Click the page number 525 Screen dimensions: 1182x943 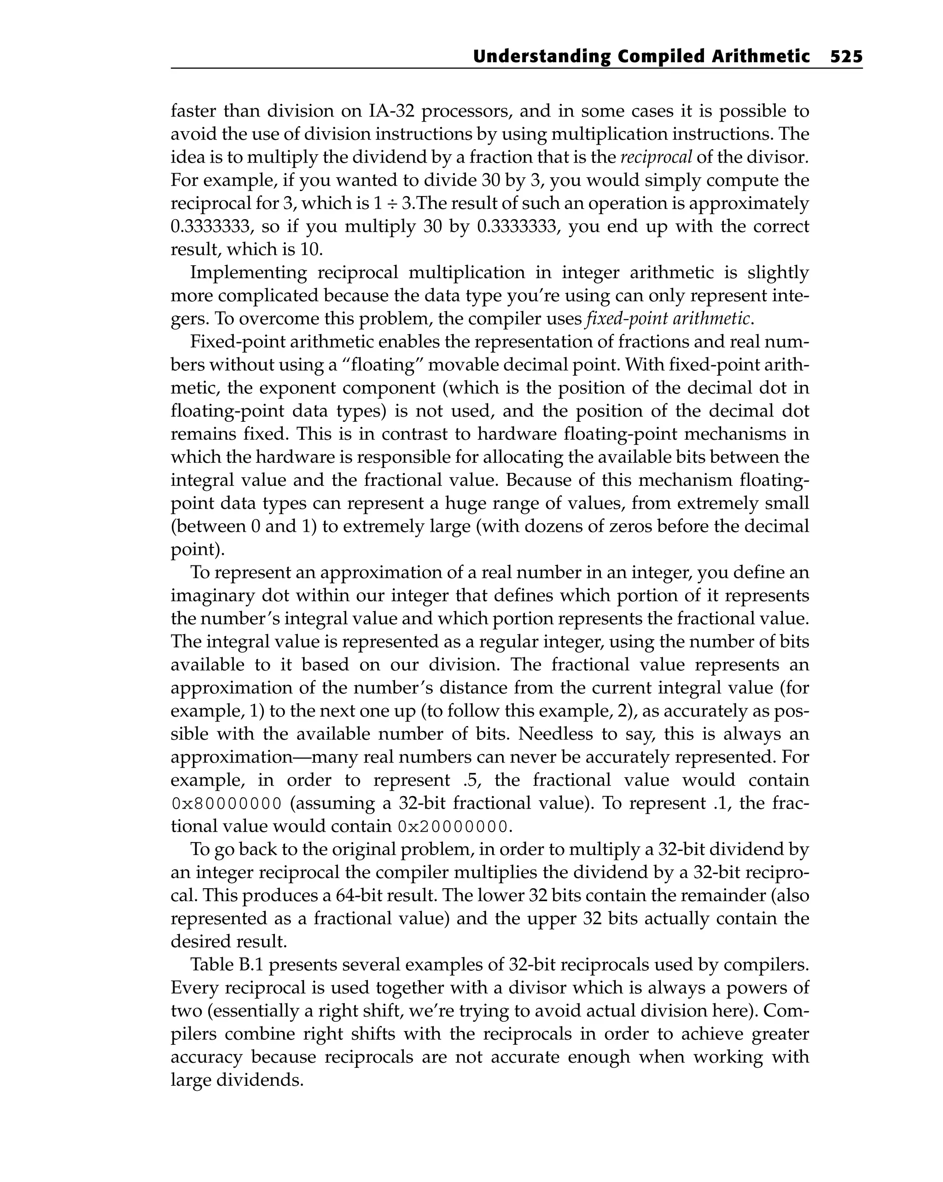coord(846,57)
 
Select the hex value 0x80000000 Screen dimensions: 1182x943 coord(227,804)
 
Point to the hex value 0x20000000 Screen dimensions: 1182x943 coord(454,827)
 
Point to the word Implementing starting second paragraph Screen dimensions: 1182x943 coord(248,273)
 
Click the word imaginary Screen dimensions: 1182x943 coord(212,596)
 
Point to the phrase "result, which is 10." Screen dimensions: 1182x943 coord(247,250)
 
